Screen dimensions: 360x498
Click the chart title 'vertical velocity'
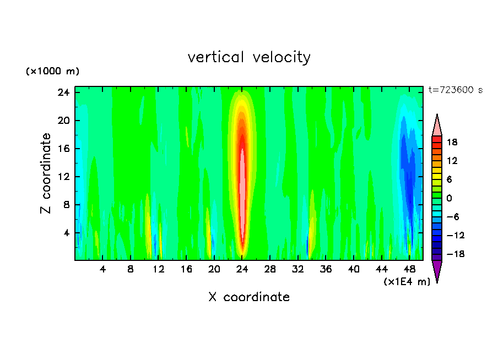click(249, 57)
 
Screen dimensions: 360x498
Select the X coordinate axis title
click(249, 297)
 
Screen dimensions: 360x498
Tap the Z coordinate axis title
click(46, 173)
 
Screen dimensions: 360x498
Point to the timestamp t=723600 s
click(455, 90)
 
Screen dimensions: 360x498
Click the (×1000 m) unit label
click(53, 72)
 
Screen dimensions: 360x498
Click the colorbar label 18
click(452, 142)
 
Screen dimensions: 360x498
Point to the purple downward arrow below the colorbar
click(437, 271)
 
